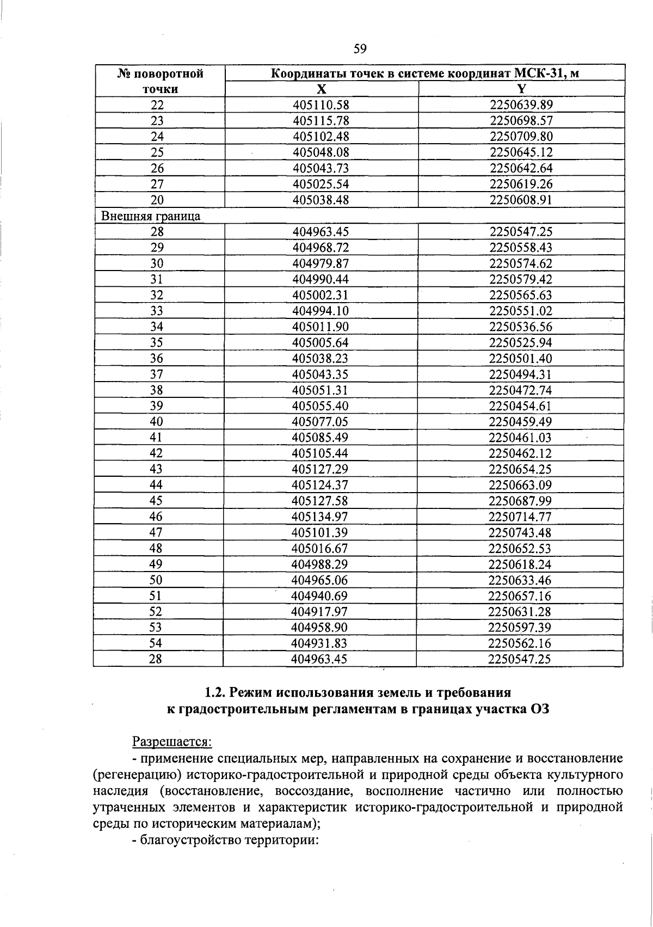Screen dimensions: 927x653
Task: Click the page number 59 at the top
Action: pyautogui.click(x=360, y=50)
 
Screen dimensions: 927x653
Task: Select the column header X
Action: pyautogui.click(x=322, y=89)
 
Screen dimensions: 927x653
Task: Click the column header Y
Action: pyautogui.click(x=521, y=89)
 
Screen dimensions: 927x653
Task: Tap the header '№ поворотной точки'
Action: pyautogui.click(x=161, y=81)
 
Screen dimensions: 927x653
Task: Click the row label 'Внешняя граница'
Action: pyautogui.click(x=151, y=216)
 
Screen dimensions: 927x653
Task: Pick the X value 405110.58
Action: pyautogui.click(x=321, y=105)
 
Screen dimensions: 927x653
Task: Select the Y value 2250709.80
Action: pyautogui.click(x=521, y=137)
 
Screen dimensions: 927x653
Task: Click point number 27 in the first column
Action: pyautogui.click(x=157, y=184)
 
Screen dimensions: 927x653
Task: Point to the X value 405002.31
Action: pyautogui.click(x=321, y=295)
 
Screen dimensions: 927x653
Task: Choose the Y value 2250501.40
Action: pyautogui.click(x=521, y=358)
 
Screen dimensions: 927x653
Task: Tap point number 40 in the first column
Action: pyautogui.click(x=157, y=422)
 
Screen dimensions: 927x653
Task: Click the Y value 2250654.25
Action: pyautogui.click(x=520, y=469)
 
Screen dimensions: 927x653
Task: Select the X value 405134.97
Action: pyautogui.click(x=320, y=517)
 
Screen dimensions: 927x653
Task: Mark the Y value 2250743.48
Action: pyautogui.click(x=520, y=532)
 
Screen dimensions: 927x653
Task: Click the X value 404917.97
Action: pyautogui.click(x=319, y=612)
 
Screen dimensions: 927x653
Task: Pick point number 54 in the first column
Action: pyautogui.click(x=156, y=643)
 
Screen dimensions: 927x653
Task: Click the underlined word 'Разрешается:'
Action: pyautogui.click(x=172, y=742)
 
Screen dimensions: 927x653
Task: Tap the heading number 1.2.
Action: pyautogui.click(x=214, y=693)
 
